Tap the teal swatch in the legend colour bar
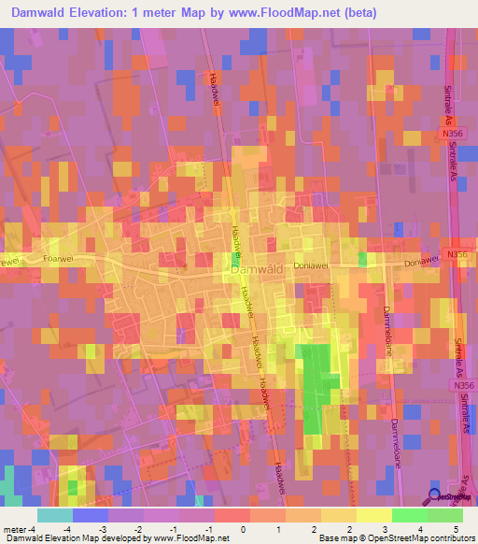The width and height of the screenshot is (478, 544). click(54, 514)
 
